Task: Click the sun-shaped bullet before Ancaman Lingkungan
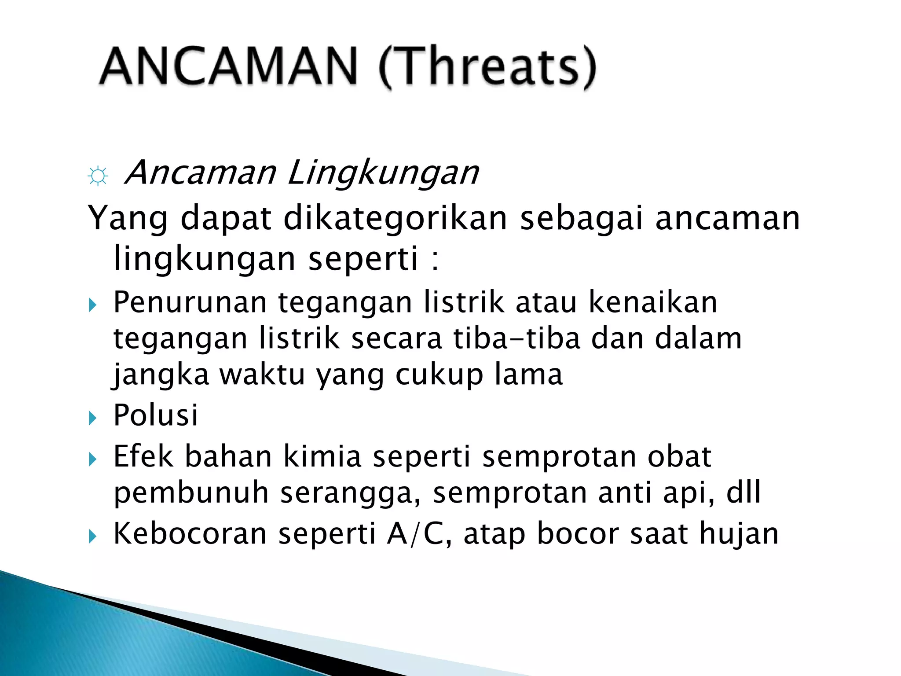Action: (x=98, y=176)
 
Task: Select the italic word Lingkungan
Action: (x=383, y=173)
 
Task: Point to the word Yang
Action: (x=128, y=219)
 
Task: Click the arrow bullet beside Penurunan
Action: (x=92, y=305)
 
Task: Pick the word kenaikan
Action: (x=653, y=302)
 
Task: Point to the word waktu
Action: (x=262, y=375)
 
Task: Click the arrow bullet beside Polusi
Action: (x=92, y=417)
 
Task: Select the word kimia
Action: (x=322, y=456)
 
